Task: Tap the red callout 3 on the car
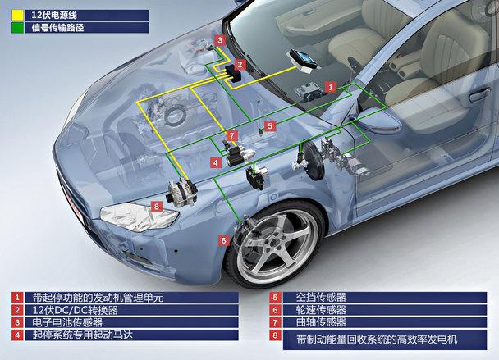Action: [x=220, y=40]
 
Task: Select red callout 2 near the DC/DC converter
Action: [x=240, y=63]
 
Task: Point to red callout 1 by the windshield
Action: [x=330, y=85]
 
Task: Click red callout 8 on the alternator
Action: [x=158, y=206]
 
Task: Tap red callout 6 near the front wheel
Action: [x=222, y=240]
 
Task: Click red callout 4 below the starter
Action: [x=215, y=163]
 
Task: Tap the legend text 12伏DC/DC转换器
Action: [x=75, y=311]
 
